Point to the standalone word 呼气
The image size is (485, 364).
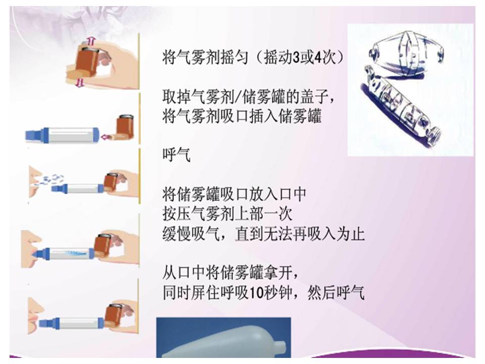click(176, 155)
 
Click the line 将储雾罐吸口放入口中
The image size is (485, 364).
click(234, 194)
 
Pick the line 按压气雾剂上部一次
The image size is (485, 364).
click(227, 214)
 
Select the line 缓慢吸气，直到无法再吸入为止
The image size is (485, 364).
click(263, 234)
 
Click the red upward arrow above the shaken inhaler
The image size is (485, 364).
click(91, 40)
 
